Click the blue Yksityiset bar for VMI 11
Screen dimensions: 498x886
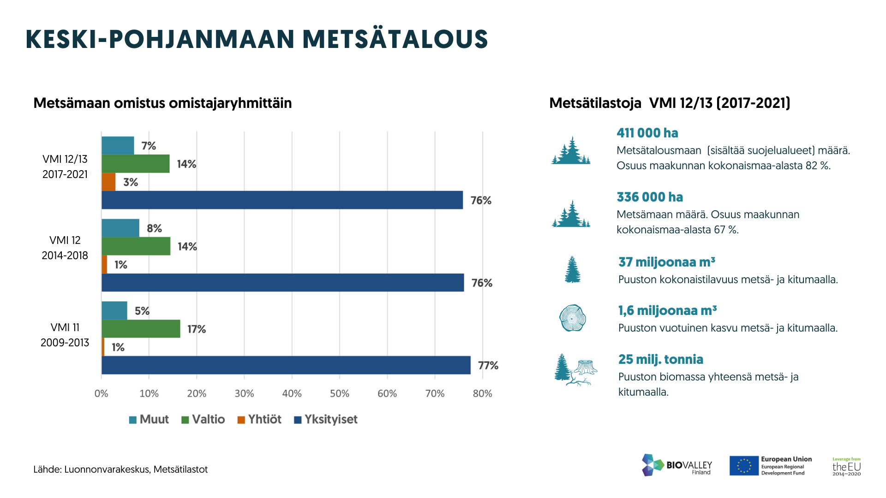coord(286,365)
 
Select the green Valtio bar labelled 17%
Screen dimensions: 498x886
coord(141,329)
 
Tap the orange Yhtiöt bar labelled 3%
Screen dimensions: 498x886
coord(108,182)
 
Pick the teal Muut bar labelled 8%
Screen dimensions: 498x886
coord(120,228)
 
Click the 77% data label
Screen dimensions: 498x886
coord(488,366)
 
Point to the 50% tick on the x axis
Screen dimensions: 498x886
coord(340,394)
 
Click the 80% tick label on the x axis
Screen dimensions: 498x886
coord(483,394)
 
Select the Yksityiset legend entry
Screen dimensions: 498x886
coord(326,420)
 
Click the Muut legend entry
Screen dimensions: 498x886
coord(149,420)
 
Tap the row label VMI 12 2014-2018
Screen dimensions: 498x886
coord(65,248)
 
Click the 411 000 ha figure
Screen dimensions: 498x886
coord(647,133)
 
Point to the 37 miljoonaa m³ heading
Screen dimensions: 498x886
coord(667,262)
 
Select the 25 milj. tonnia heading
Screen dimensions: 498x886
coord(661,360)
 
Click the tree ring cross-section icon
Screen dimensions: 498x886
coord(572,318)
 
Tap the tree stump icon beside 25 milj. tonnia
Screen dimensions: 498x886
coord(585,369)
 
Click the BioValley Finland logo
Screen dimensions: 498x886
coord(677,465)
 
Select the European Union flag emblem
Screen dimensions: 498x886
coord(744,466)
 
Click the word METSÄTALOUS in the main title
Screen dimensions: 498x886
coord(395,39)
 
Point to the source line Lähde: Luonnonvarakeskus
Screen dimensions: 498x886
coord(120,470)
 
